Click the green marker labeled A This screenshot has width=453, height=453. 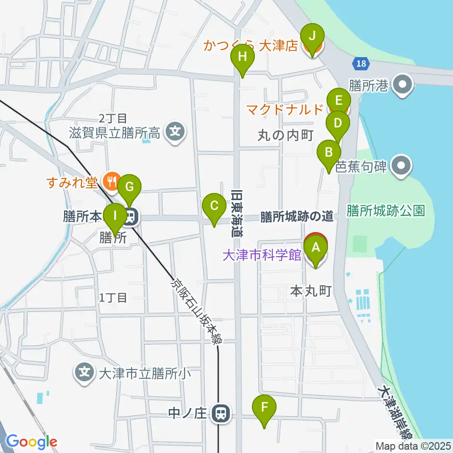pyautogui.click(x=316, y=247)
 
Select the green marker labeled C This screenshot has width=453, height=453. pyautogui.click(x=214, y=206)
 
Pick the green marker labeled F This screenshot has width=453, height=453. pyautogui.click(x=264, y=406)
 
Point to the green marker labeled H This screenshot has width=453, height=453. pyautogui.click(x=242, y=58)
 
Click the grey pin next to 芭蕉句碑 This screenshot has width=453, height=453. pyautogui.click(x=402, y=166)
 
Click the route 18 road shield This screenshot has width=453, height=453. pyautogui.click(x=361, y=63)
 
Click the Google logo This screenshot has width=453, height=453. pyautogui.click(x=31, y=442)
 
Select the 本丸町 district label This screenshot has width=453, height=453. pyautogui.click(x=310, y=291)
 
